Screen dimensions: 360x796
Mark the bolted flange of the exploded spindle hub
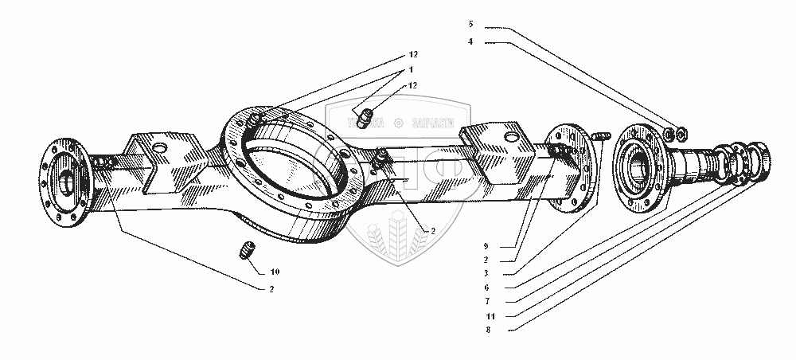tap(642, 165)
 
